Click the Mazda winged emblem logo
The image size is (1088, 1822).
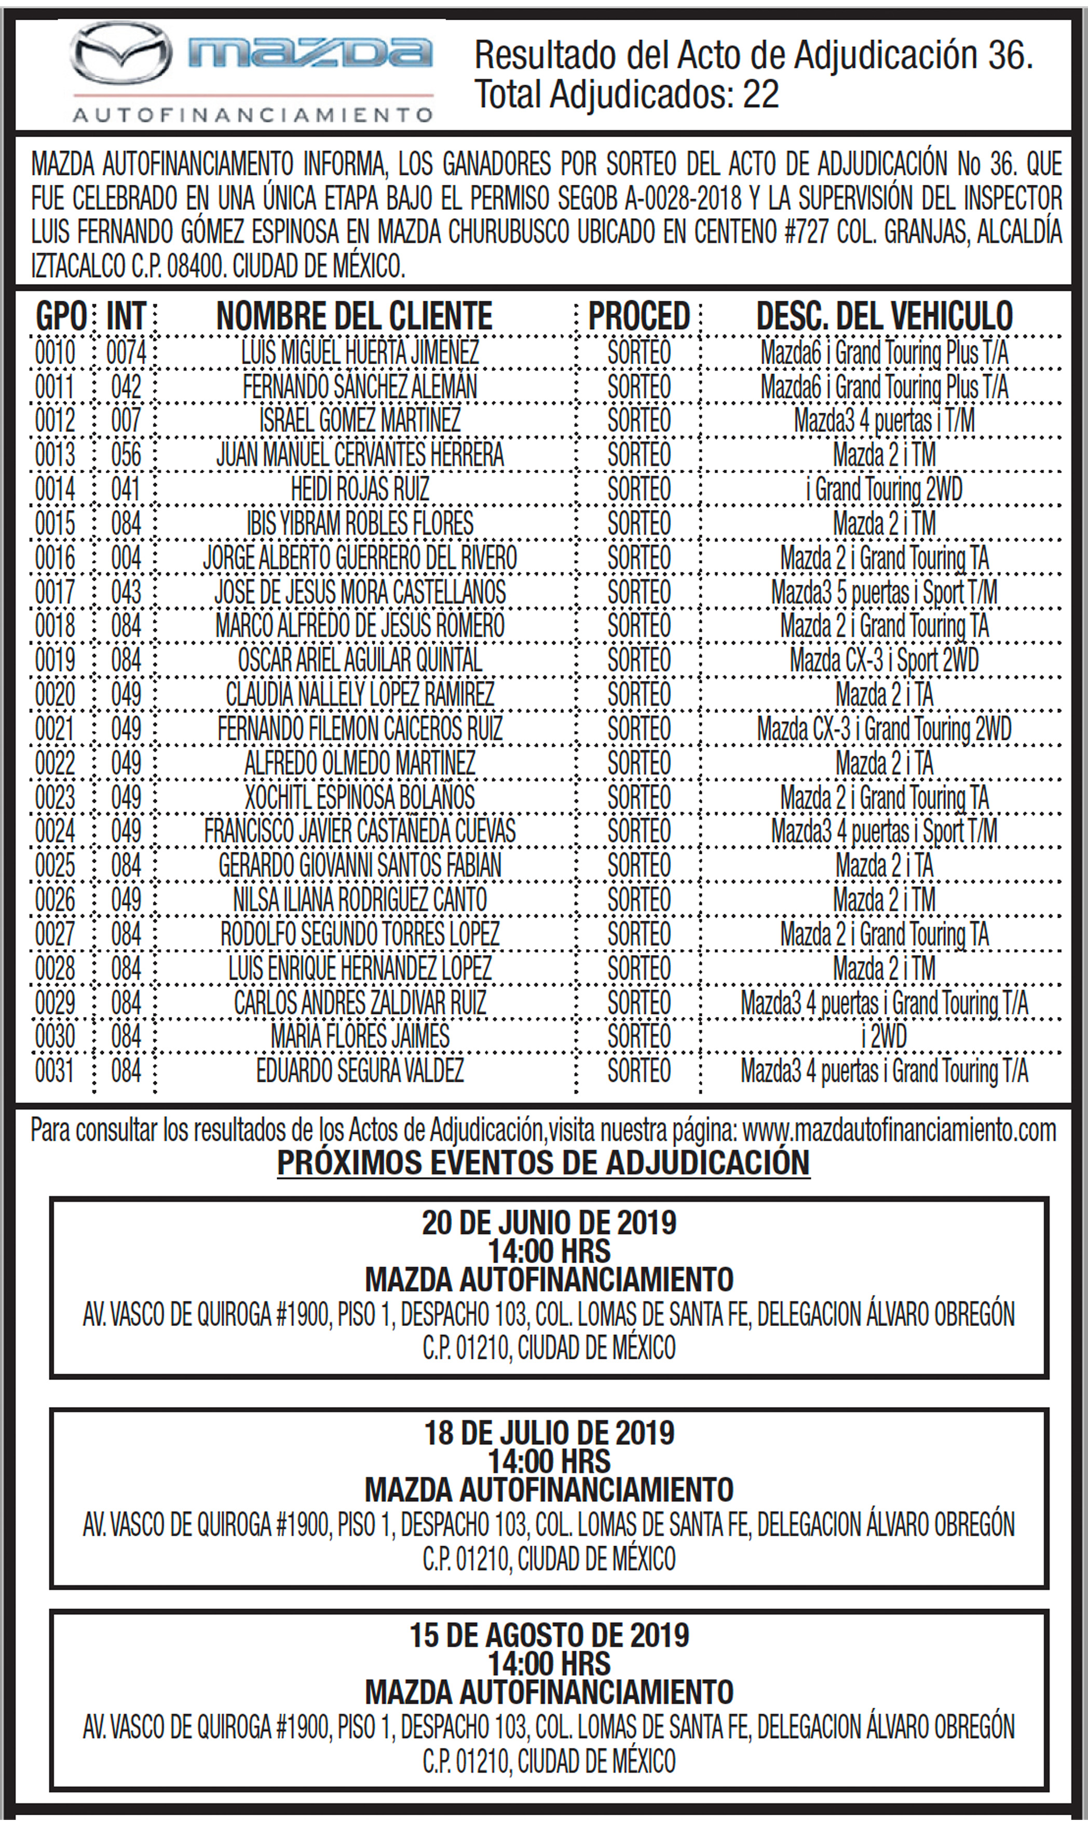121,53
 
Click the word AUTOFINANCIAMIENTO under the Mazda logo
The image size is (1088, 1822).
253,115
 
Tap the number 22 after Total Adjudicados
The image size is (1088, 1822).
760,95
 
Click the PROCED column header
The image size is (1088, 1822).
638,317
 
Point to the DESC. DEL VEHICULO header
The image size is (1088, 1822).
884,317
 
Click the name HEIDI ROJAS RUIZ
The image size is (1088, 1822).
360,489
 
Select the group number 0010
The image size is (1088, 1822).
55,352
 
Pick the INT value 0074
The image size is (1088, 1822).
126,352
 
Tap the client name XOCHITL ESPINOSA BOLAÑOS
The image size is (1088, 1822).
360,797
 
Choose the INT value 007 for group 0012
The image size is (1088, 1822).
126,420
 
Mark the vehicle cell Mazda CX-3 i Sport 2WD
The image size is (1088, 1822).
884,660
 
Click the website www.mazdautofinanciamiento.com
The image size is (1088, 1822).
899,1130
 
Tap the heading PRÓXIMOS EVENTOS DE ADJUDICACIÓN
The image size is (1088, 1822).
543,1162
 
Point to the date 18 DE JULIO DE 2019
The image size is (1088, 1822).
549,1432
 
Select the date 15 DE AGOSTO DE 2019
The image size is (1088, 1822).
549,1635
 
